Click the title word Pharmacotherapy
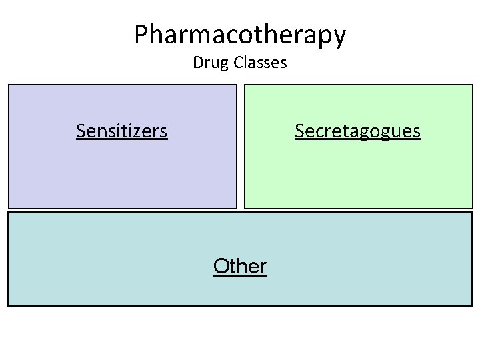click(x=240, y=35)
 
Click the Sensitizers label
click(x=121, y=131)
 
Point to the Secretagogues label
click(x=357, y=131)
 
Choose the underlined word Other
click(x=240, y=267)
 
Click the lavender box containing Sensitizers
click(x=122, y=173)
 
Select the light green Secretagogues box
click(x=359, y=173)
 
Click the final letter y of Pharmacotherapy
click(x=339, y=37)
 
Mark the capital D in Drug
click(x=197, y=63)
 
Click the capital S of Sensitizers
click(x=81, y=131)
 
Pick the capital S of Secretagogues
click(x=300, y=131)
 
